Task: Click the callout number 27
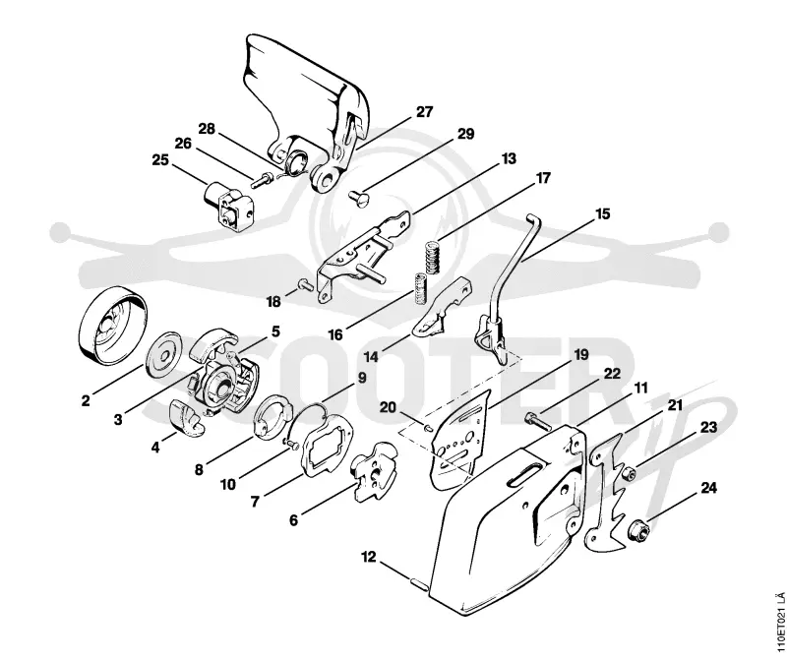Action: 424,111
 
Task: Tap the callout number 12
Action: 368,557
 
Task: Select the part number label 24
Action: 708,487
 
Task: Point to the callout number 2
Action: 86,400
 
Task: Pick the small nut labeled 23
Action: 627,472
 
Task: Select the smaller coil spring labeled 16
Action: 420,288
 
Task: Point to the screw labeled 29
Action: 358,195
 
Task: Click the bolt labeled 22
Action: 538,421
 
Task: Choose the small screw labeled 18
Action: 306,284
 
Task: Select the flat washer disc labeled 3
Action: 163,355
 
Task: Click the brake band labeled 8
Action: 273,417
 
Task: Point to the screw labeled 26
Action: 262,180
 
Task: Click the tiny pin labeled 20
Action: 427,428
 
